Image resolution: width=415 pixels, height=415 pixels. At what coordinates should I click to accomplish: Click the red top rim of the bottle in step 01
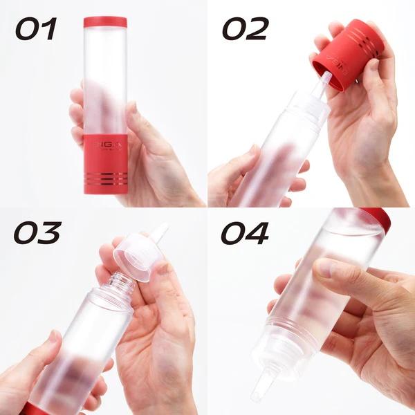[105, 22]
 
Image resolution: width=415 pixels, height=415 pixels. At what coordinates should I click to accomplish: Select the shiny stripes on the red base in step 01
[105, 178]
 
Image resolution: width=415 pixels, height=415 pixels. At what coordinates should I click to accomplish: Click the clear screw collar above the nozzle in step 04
[273, 356]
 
